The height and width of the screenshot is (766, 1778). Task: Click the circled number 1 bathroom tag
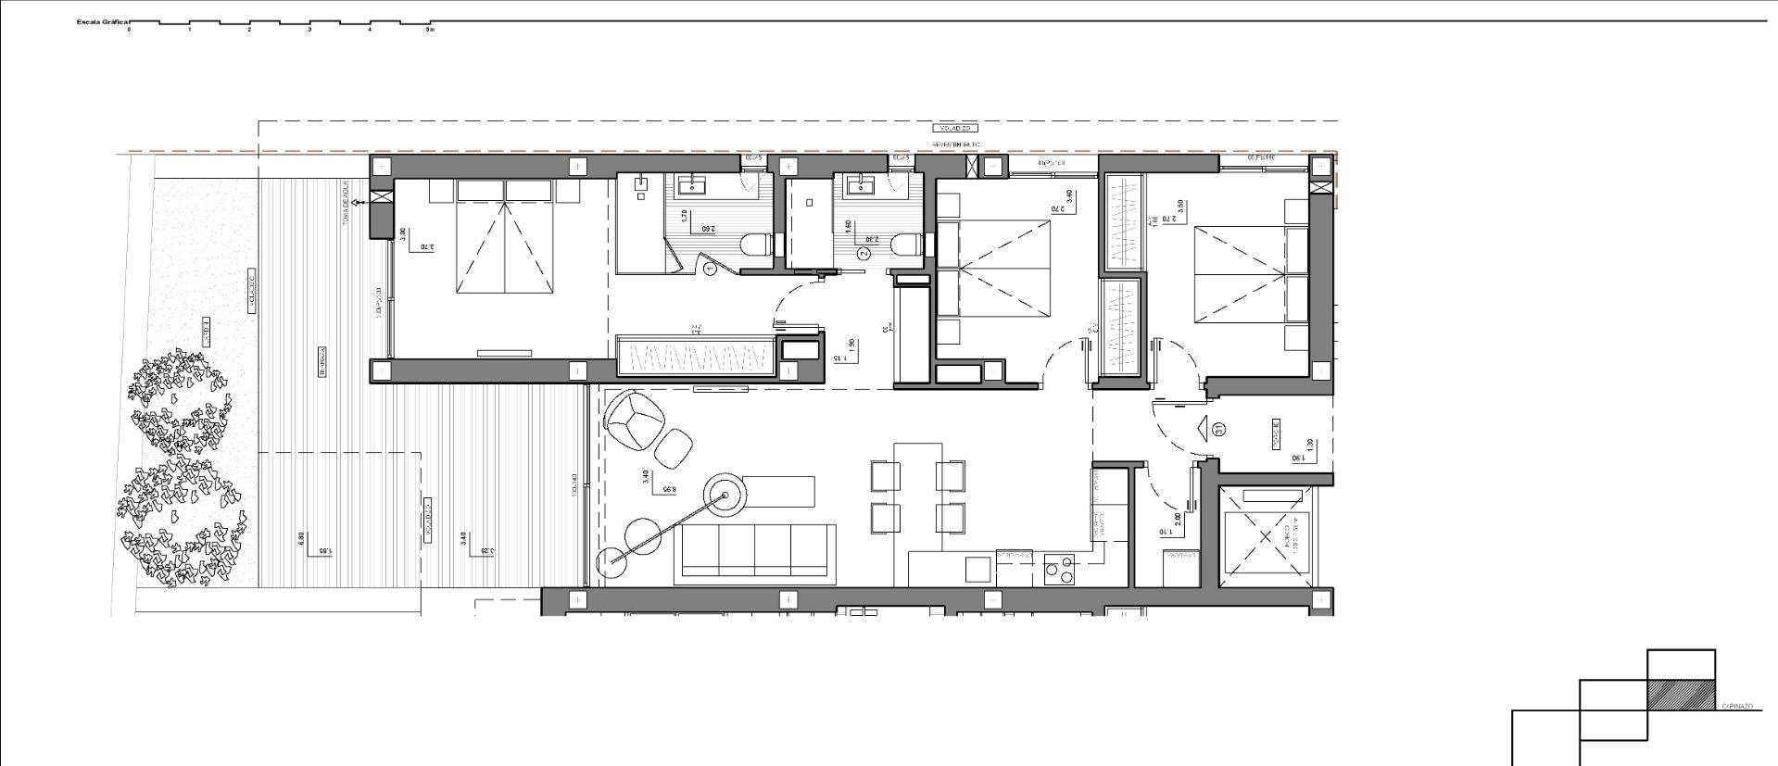click(710, 270)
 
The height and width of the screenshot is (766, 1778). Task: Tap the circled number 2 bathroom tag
click(864, 253)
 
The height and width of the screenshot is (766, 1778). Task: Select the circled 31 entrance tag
click(1220, 429)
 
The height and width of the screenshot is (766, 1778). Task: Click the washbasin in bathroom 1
click(692, 185)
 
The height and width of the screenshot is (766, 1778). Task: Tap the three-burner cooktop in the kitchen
click(1059, 569)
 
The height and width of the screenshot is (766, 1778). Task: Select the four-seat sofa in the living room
click(755, 550)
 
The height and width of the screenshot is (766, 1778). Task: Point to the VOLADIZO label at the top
click(954, 128)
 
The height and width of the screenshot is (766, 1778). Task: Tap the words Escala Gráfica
click(102, 19)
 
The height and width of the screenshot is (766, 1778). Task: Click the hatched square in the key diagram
click(1681, 695)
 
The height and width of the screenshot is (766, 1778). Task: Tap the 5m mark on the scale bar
click(429, 29)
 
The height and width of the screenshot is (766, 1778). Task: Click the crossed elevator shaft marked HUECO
click(1266, 534)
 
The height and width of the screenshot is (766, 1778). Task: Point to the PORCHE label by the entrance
click(1276, 430)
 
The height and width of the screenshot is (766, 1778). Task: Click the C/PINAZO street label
click(1737, 706)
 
